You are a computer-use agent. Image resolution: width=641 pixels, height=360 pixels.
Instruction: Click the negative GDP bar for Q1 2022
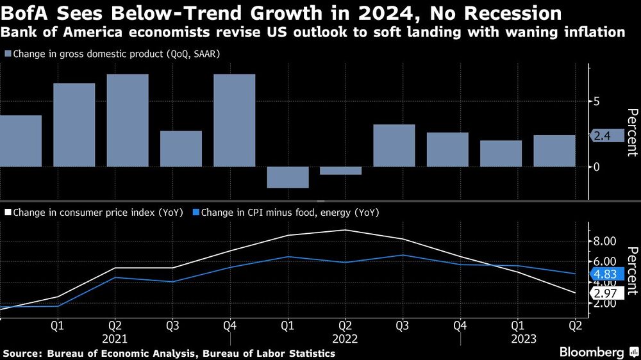288,177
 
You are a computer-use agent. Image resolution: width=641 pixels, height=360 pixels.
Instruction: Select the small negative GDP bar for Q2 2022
341,170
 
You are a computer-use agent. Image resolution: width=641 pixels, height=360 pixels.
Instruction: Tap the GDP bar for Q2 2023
554,151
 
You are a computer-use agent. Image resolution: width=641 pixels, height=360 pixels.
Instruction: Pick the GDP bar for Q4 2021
234,120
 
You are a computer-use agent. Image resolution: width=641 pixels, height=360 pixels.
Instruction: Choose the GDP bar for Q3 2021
181,149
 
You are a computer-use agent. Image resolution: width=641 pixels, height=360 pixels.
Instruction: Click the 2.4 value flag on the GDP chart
605,135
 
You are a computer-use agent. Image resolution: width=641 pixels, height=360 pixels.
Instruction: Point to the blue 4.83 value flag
605,274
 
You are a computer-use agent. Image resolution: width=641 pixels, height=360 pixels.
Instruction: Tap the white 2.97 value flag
605,293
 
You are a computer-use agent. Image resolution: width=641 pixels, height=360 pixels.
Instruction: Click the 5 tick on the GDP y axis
597,101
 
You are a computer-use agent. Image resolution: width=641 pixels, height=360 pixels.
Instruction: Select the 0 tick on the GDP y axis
597,167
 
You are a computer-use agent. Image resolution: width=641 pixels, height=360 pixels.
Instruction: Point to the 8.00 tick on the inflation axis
605,241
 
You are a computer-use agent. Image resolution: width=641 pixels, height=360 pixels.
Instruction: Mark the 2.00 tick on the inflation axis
605,303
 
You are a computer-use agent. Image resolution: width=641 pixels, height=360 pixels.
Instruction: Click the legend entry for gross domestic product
116,54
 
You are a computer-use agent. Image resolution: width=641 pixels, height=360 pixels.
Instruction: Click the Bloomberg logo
595,352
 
